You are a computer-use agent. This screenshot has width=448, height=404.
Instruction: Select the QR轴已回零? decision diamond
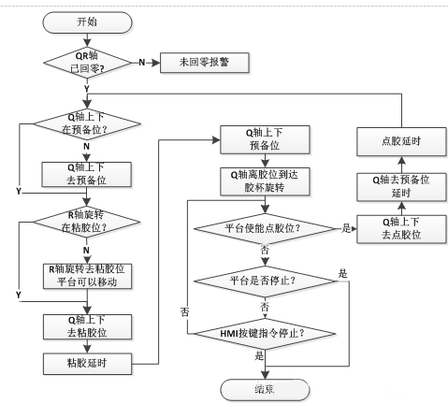(85, 63)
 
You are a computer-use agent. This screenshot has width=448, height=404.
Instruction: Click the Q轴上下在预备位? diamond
(85, 123)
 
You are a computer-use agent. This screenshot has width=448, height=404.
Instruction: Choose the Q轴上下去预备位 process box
(85, 174)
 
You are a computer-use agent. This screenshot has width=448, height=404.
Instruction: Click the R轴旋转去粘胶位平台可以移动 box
(85, 276)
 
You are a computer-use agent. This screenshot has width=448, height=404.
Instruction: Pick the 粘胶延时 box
(85, 362)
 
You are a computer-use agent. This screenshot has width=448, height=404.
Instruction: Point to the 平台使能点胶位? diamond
(265, 227)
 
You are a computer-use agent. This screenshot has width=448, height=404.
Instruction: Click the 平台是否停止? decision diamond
(265, 281)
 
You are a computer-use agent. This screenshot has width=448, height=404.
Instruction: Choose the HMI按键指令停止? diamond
(265, 331)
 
